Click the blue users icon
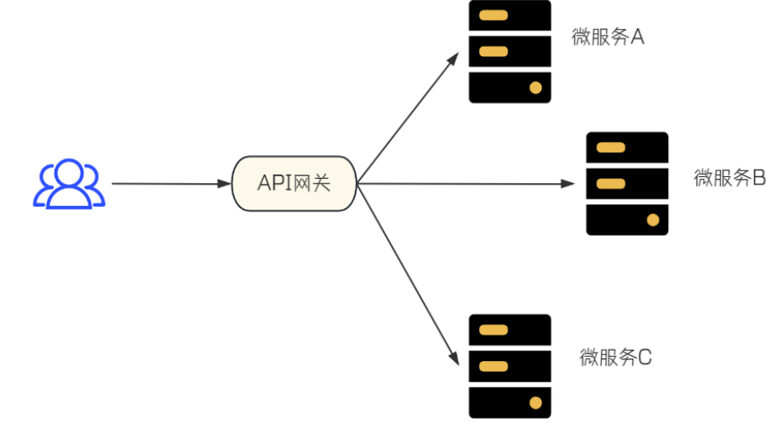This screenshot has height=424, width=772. (69, 184)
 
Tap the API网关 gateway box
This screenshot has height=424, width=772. (294, 183)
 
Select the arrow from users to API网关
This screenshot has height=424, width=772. (170, 183)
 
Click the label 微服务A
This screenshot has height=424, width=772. (608, 38)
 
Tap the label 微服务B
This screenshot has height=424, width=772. (730, 178)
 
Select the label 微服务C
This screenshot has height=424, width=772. (615, 357)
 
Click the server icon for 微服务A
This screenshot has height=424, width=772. (510, 51)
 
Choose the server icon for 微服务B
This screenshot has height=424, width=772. (627, 183)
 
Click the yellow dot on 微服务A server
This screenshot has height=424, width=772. (535, 87)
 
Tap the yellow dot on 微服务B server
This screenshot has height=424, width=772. (653, 220)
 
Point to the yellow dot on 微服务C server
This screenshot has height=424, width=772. (535, 402)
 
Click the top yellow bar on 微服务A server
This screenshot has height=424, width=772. (494, 15)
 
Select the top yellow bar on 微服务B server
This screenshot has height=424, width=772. (611, 147)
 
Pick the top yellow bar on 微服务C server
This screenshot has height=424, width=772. (494, 329)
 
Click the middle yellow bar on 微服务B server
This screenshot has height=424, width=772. (611, 183)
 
